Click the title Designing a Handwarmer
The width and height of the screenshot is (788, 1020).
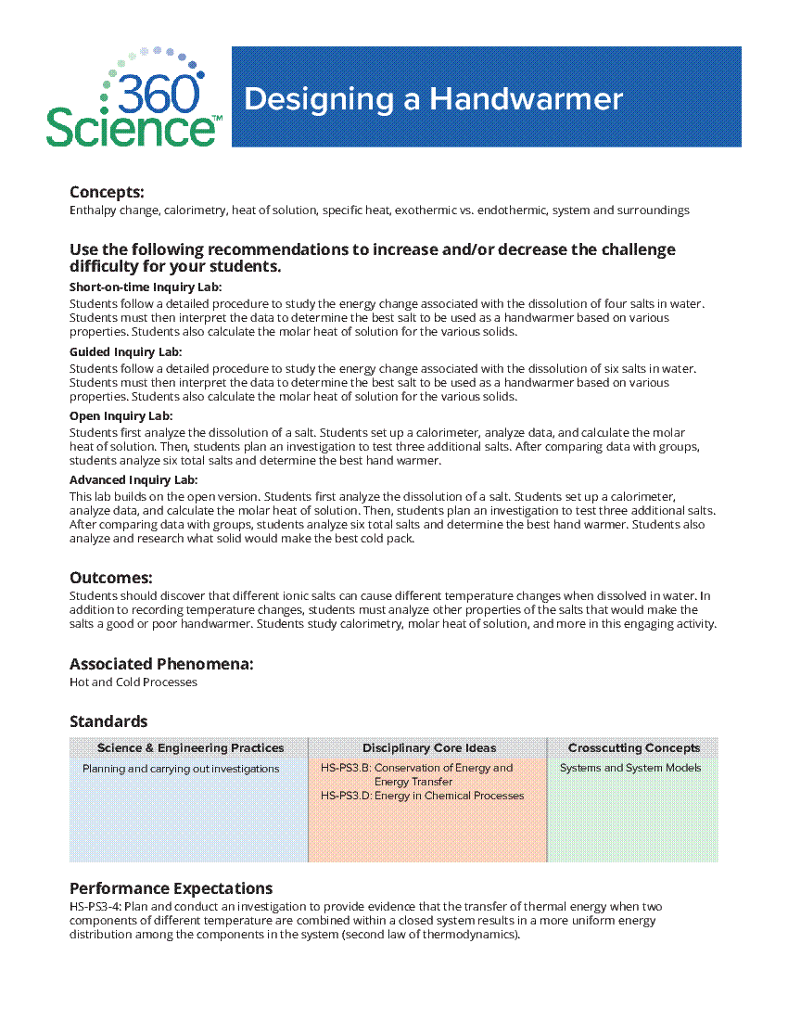[433, 99]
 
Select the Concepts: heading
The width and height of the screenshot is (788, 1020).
[107, 192]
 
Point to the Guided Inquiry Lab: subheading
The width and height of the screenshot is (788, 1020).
[125, 352]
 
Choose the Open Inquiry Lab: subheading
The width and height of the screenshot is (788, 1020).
[121, 416]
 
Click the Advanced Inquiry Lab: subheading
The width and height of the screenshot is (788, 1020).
[133, 480]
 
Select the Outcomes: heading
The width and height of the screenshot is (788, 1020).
[111, 578]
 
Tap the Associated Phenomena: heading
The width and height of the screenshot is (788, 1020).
[161, 664]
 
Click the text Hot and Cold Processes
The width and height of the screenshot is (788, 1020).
[133, 682]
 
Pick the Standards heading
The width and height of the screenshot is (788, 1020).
[108, 721]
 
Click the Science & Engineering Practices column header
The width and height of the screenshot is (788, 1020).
[190, 748]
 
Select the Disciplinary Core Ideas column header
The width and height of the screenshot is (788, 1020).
[429, 748]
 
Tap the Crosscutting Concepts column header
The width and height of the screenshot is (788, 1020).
[634, 748]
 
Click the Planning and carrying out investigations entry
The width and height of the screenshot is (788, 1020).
[181, 769]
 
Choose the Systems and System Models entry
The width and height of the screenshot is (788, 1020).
[630, 768]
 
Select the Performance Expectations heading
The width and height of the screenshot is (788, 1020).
[171, 888]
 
